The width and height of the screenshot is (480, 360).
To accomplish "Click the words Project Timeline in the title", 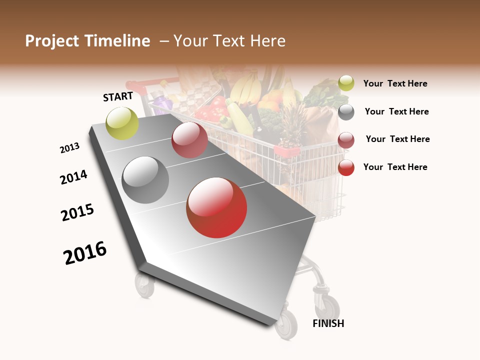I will pyautogui.click(x=87, y=41).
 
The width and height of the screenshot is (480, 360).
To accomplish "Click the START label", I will pyautogui.click(x=118, y=96).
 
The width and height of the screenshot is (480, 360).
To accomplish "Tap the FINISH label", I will pyautogui.click(x=328, y=323).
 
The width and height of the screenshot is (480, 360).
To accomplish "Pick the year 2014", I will pyautogui.click(x=73, y=177).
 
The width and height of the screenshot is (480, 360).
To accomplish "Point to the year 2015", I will pyautogui.click(x=77, y=212).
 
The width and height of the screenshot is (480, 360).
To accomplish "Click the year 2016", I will pyautogui.click(x=85, y=253).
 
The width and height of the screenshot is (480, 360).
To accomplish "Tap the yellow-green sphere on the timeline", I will pyautogui.click(x=122, y=123).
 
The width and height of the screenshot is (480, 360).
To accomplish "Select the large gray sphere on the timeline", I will pyautogui.click(x=145, y=180).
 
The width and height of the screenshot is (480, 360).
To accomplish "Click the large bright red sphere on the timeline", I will pyautogui.click(x=216, y=207).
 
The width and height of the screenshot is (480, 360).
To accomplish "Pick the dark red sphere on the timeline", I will pyautogui.click(x=189, y=140).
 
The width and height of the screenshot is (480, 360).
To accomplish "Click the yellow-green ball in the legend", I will pyautogui.click(x=346, y=83).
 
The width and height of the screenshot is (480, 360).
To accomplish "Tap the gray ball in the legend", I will pyautogui.click(x=346, y=112).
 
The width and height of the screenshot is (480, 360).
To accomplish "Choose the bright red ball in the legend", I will pyautogui.click(x=346, y=167).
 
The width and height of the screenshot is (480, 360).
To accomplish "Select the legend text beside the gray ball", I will pyautogui.click(x=396, y=111).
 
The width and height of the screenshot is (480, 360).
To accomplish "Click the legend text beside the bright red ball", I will pyautogui.click(x=395, y=167).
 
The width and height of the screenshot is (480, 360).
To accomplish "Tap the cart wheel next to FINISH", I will pyautogui.click(x=286, y=324).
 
